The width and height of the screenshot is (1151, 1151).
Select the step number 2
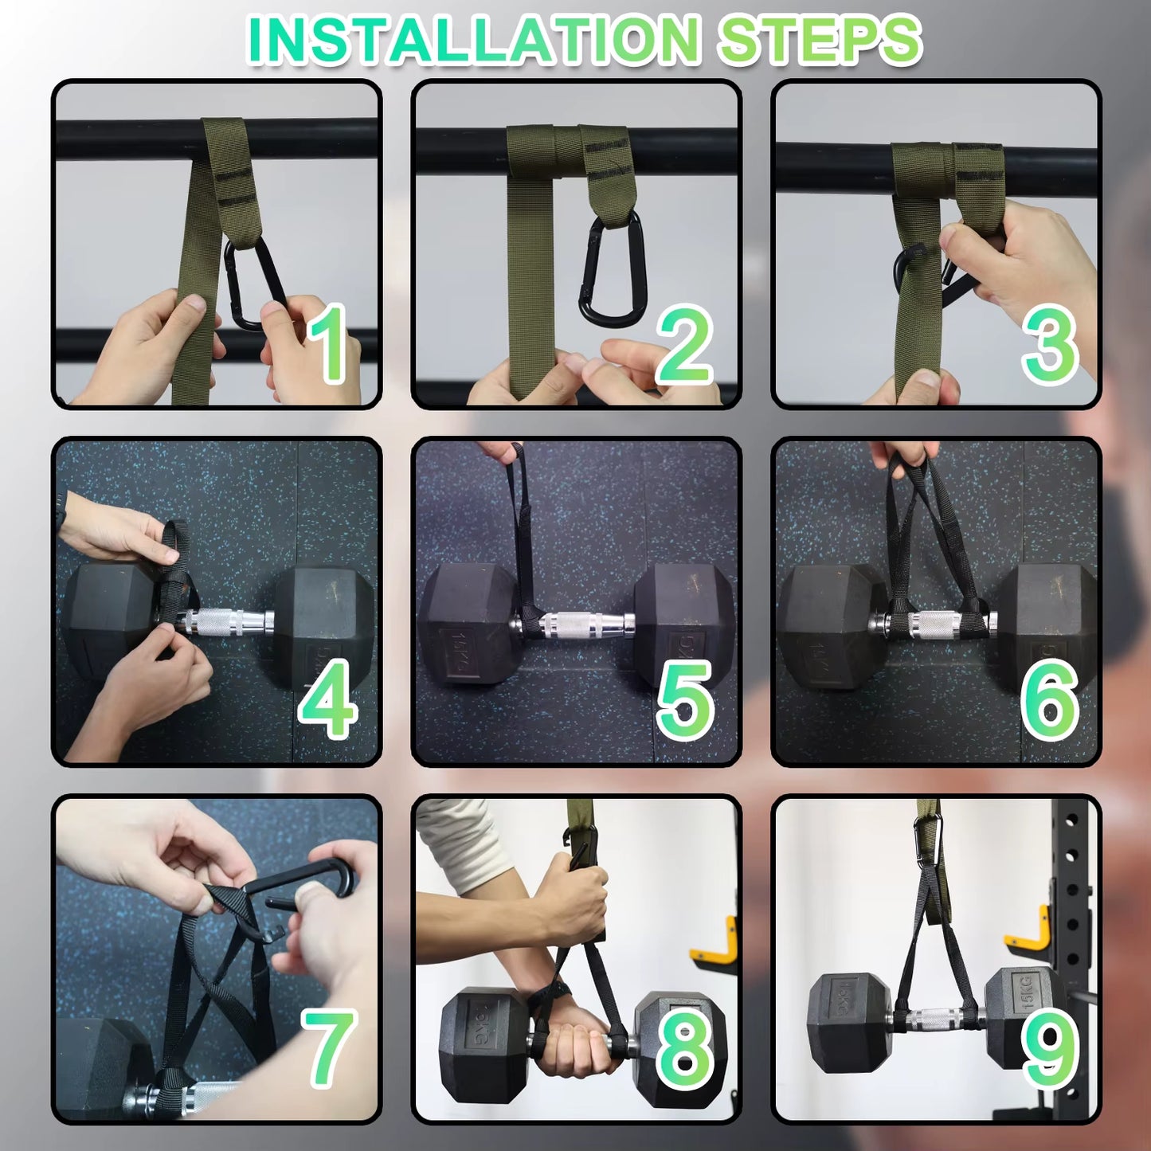coord(684,344)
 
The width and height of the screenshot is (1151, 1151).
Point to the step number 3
coord(1050,344)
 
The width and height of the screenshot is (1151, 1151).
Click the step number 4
coord(328,698)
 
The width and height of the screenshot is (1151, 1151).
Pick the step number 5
coord(685,699)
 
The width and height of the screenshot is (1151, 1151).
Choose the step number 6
coord(1050,699)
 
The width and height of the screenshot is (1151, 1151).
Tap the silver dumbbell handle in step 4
coord(228,622)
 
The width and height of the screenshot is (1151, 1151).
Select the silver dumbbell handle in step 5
coord(572,624)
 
